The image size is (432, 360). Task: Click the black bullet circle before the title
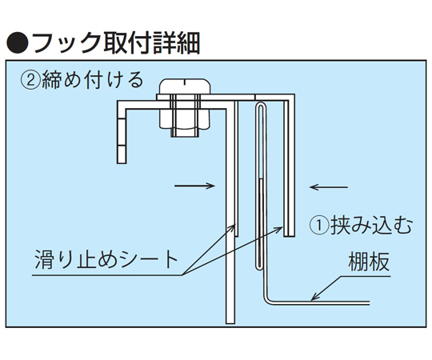point(17,43)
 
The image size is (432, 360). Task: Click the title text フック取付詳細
point(116,43)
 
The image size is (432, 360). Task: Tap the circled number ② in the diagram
point(30,81)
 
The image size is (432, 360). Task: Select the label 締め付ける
point(93,81)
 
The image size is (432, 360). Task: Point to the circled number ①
point(319,225)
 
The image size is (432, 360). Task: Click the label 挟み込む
point(372,225)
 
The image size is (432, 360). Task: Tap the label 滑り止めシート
point(106,259)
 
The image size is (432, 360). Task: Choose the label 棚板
point(369,262)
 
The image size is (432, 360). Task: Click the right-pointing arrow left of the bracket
point(194,186)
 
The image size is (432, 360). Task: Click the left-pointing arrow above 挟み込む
point(329,187)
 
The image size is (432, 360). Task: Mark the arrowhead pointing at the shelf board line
point(314,297)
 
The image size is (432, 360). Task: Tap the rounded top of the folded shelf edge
point(260,103)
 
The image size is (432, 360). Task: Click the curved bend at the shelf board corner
point(266,299)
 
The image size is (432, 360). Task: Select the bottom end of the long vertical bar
point(230,323)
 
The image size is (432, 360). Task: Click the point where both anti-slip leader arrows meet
point(182,275)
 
